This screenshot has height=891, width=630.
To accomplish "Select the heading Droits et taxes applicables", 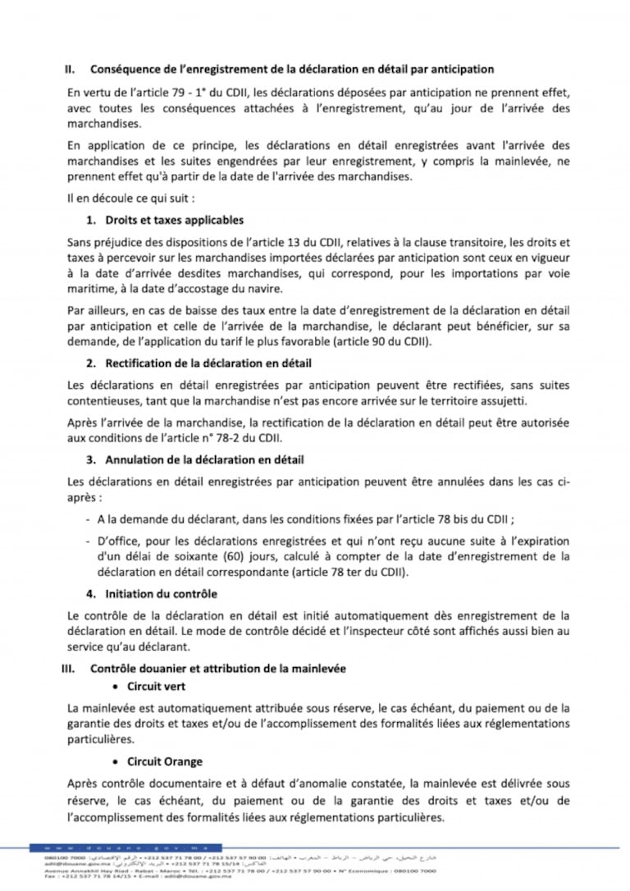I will pos(174,221).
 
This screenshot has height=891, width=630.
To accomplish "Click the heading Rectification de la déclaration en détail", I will pos(208,363).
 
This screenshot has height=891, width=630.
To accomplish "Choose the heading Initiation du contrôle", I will pos(161,593).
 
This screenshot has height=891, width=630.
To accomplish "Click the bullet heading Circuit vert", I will pos(156,686).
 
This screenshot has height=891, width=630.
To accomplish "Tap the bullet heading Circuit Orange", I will pos(164,762).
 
